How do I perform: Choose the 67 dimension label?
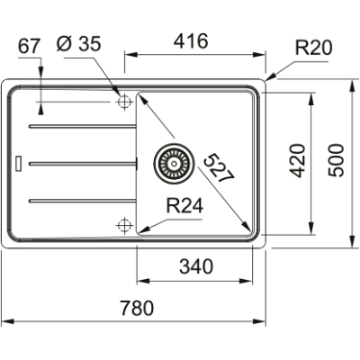30,46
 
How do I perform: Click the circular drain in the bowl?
170,163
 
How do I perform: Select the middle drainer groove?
81,163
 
